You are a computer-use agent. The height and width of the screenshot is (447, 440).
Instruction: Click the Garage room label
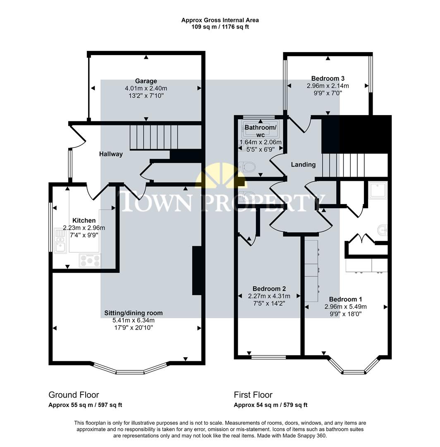pos(146,81)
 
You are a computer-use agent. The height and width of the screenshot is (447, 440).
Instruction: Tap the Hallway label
pos(111,154)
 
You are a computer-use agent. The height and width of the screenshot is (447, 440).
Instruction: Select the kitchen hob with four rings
pos(90,260)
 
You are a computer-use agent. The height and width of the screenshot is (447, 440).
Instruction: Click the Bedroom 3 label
pos(328,78)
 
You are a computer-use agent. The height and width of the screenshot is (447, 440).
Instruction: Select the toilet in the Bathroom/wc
pos(248,167)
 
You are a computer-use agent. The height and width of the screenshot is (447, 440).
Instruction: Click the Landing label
pos(303,165)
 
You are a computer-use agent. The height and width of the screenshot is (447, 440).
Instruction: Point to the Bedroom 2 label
pos(269,289)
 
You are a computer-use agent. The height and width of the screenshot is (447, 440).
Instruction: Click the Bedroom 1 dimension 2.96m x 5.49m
pos(346,307)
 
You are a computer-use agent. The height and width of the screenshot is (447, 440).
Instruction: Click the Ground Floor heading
pos(74,395)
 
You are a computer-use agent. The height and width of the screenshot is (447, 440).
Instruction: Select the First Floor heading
pos(253,395)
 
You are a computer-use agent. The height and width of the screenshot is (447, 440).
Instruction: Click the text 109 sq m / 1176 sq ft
pos(220,27)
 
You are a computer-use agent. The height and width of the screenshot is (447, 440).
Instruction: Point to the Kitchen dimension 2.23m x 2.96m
pos(84,228)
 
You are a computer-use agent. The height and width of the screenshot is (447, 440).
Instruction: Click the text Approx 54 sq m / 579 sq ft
pos(270,405)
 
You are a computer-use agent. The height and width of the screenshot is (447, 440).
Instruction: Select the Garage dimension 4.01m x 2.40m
pos(146,88)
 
